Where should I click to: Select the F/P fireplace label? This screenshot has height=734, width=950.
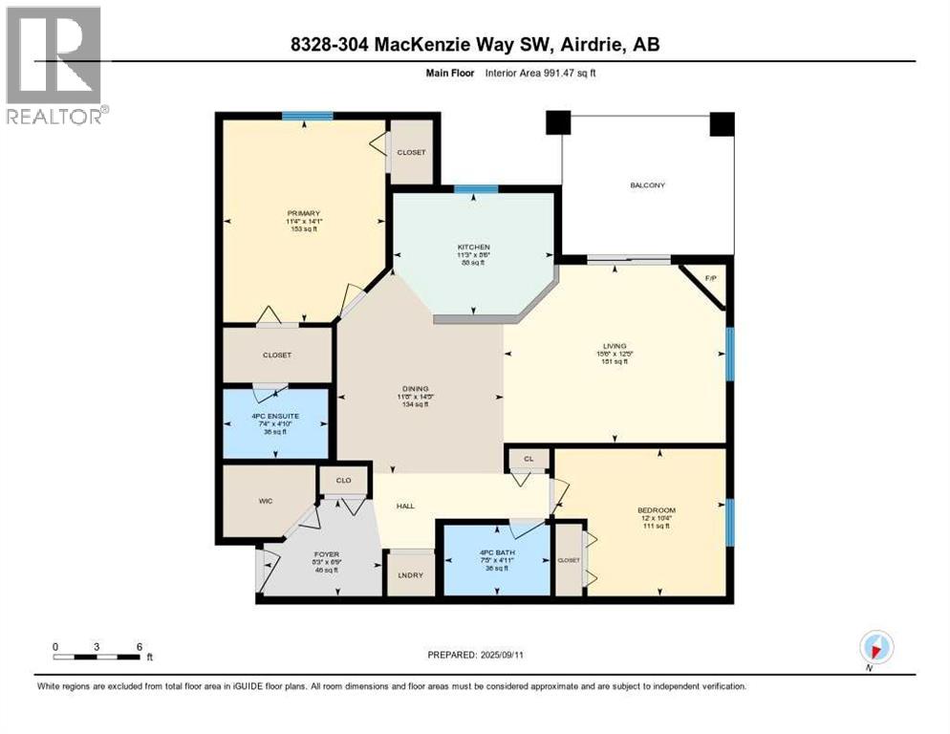point(710,278)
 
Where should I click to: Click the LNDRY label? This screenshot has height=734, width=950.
point(409,575)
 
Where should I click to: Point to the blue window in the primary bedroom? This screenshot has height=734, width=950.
point(307,116)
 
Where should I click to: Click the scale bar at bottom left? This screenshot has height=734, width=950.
point(97,656)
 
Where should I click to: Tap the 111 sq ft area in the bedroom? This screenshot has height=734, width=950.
point(656,527)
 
